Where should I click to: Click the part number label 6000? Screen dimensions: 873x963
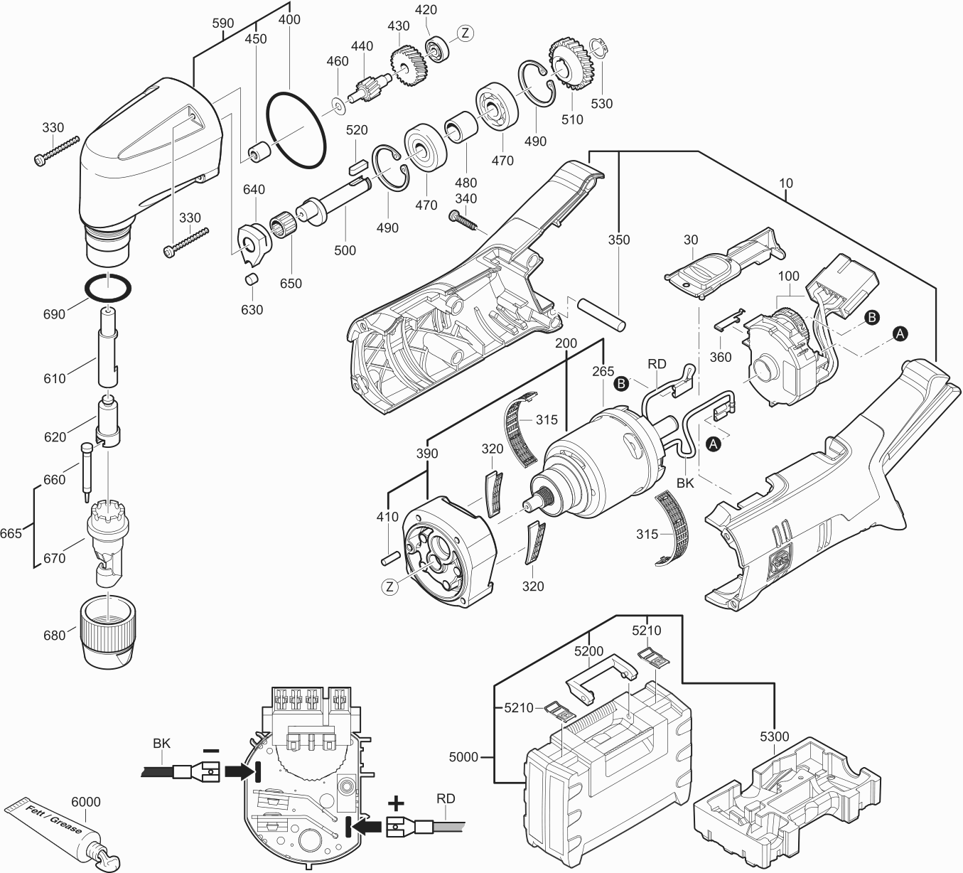pyautogui.click(x=86, y=802)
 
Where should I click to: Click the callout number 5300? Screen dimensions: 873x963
pyautogui.click(x=774, y=737)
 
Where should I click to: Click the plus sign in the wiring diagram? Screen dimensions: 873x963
pyautogui.click(x=395, y=804)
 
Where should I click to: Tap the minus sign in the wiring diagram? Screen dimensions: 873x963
pyautogui.click(x=210, y=751)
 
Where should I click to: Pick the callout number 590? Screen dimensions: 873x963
pyautogui.click(x=223, y=23)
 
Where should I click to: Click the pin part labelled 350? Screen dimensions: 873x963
pyautogui.click(x=602, y=312)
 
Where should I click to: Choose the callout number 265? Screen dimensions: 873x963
pyautogui.click(x=603, y=371)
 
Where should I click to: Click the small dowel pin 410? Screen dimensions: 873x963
pyautogui.click(x=387, y=557)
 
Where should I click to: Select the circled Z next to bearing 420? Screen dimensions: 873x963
pyautogui.click(x=465, y=33)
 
